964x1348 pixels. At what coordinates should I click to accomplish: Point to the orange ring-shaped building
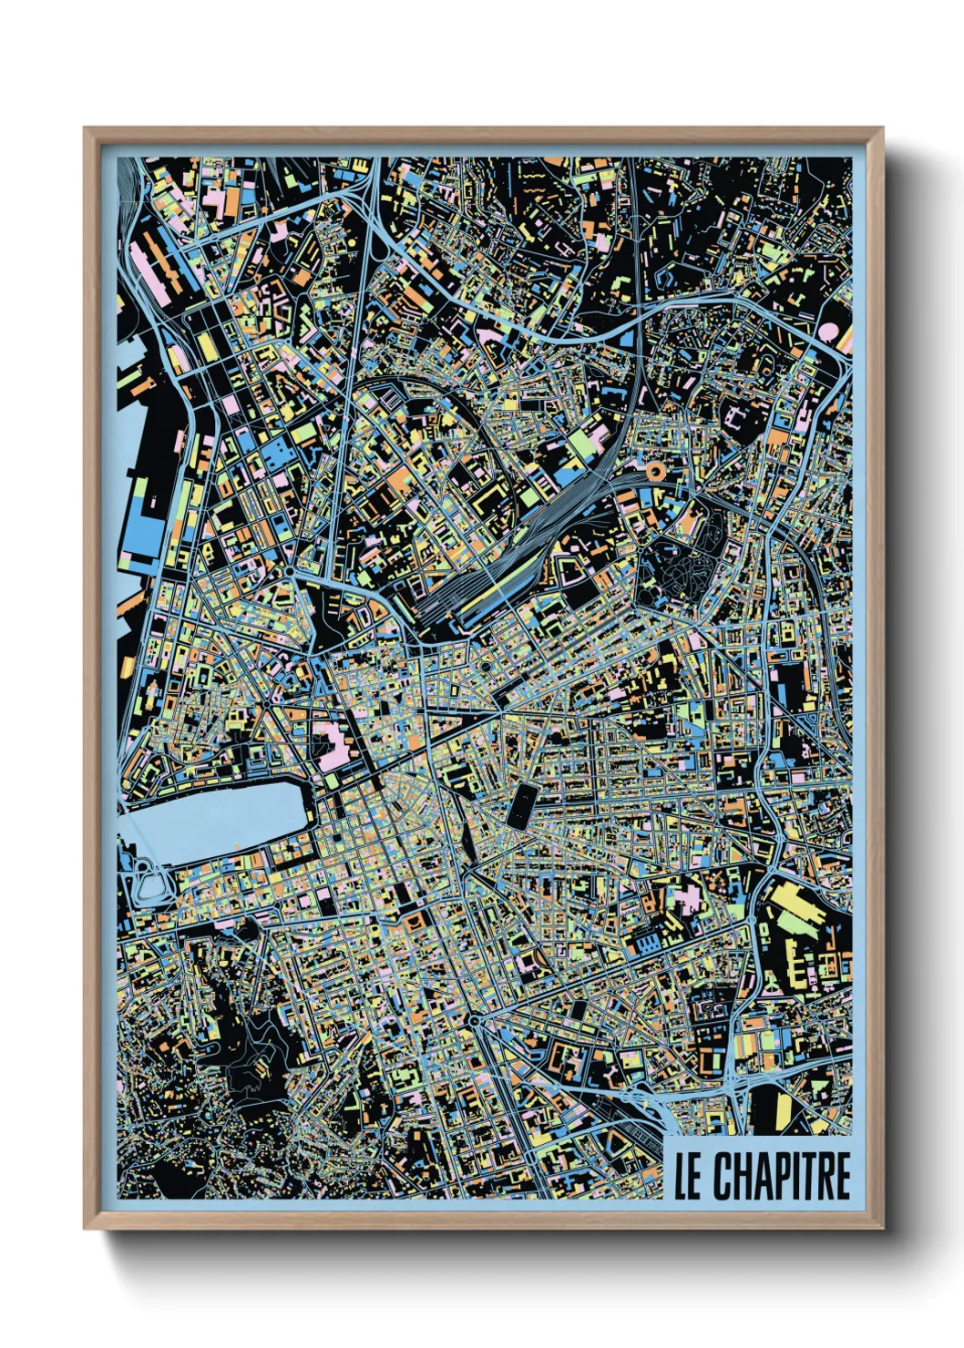654,471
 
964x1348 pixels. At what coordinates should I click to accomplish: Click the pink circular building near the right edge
831,331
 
